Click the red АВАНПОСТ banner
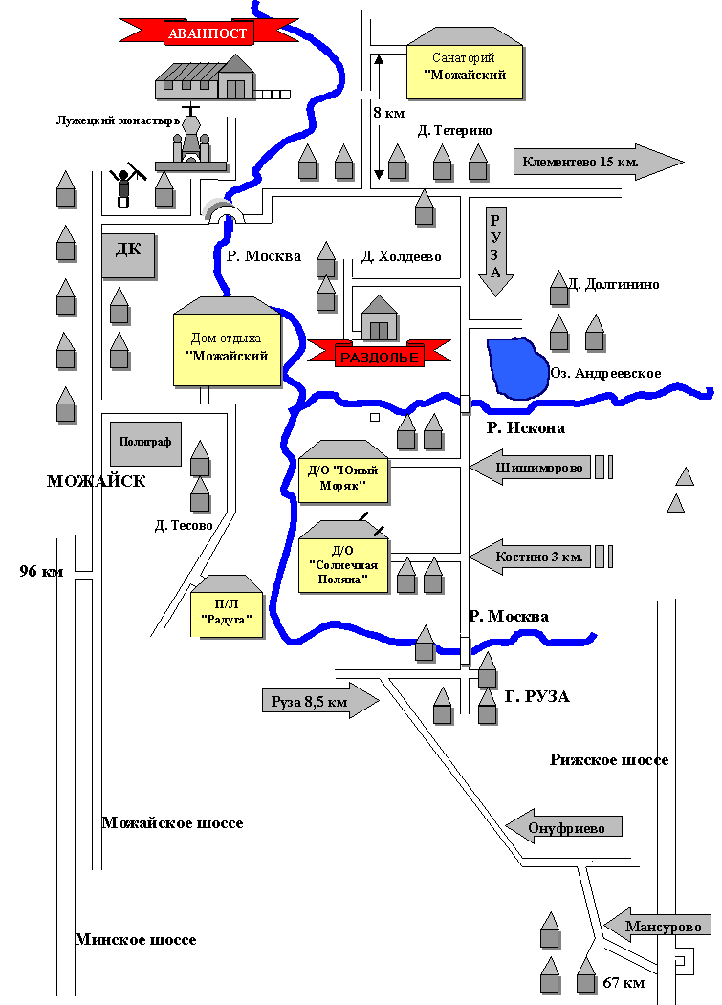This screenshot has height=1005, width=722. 208,33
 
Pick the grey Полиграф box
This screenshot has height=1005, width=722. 145,444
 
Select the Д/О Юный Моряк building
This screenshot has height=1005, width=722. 343,474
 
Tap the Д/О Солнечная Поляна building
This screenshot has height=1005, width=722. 342,562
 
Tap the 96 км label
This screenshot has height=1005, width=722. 41,572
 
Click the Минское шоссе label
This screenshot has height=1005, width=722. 136,940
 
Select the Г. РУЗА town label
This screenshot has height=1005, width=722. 536,697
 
